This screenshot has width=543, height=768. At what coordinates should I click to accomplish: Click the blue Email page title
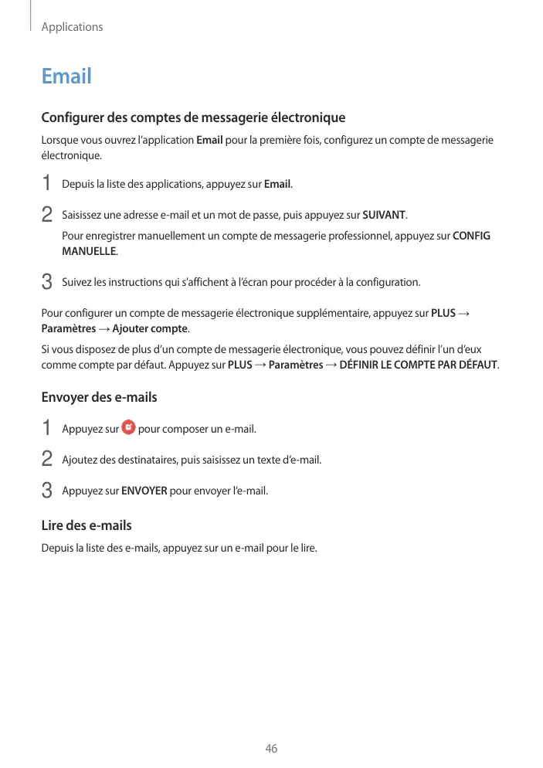[x=66, y=76]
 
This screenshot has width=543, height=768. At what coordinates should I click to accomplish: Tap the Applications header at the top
[x=72, y=27]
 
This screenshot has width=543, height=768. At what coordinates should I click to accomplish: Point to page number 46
[x=271, y=749]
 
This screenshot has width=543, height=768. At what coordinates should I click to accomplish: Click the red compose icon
[x=128, y=427]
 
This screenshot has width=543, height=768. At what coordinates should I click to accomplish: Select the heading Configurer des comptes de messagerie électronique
[x=193, y=118]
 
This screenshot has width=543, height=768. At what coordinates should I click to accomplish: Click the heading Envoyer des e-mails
[x=99, y=397]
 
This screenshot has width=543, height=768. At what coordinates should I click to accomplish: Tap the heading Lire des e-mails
[x=86, y=525]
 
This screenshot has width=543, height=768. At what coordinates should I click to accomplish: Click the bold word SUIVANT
[x=384, y=213]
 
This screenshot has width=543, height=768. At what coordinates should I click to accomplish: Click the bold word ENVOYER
[x=144, y=490]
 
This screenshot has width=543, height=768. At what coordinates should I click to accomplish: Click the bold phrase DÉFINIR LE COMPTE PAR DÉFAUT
[x=419, y=364]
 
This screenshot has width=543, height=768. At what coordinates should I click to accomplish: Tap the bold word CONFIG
[x=471, y=236]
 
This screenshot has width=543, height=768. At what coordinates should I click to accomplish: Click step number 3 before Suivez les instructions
[x=46, y=282]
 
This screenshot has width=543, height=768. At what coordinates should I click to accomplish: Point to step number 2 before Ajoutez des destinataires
[x=46, y=459]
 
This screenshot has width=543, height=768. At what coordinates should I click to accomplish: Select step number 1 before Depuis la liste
[x=46, y=184]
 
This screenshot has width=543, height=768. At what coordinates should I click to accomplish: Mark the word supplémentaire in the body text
[x=372, y=313]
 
